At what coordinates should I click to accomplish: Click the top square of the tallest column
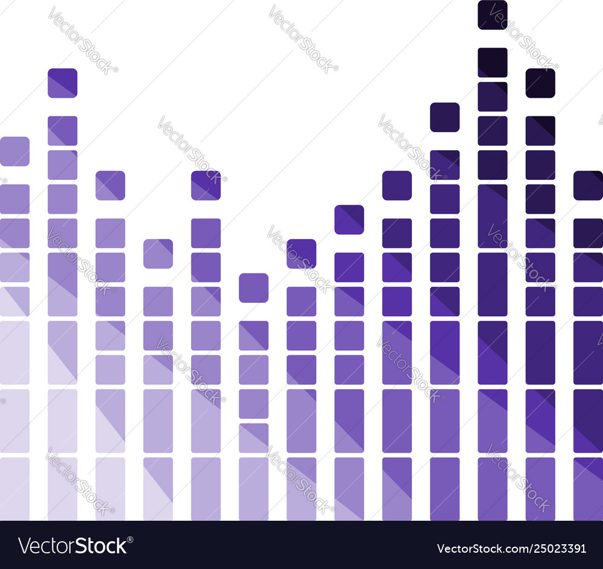click(x=493, y=14)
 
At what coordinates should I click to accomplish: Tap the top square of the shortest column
click(x=253, y=288)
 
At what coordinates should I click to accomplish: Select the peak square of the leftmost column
click(x=14, y=151)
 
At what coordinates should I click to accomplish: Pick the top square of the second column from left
click(x=63, y=83)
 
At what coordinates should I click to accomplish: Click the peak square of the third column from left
click(x=110, y=185)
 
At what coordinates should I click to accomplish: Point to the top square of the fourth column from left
click(x=158, y=253)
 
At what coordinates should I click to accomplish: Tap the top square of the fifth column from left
click(x=206, y=185)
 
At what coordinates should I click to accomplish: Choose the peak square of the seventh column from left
click(x=301, y=253)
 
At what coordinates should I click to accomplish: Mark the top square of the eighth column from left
click(x=349, y=220)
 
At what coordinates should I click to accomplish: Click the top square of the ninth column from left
click(x=397, y=185)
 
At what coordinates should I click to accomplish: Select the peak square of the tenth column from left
click(x=445, y=117)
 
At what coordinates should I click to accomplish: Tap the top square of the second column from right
click(x=540, y=83)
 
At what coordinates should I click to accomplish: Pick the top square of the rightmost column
click(x=588, y=185)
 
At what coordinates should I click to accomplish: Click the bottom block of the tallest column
click(x=493, y=489)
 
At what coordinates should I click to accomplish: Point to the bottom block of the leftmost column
click(x=14, y=489)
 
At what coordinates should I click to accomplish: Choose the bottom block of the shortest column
click(x=253, y=489)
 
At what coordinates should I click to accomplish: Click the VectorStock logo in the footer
click(x=73, y=545)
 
